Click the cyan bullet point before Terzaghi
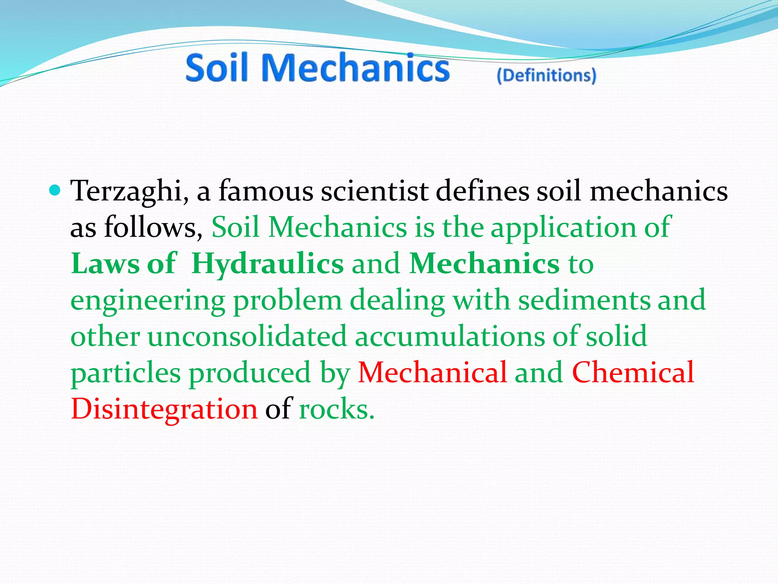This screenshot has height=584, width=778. tap(55, 189)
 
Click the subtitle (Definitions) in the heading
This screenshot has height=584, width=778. tap(546, 75)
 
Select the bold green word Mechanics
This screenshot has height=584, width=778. tap(484, 264)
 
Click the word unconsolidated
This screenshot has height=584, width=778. tap(247, 336)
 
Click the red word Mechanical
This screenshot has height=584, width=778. tap(432, 373)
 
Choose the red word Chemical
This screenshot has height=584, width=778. tap(633, 373)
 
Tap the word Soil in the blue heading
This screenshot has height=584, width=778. tap(217, 68)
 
